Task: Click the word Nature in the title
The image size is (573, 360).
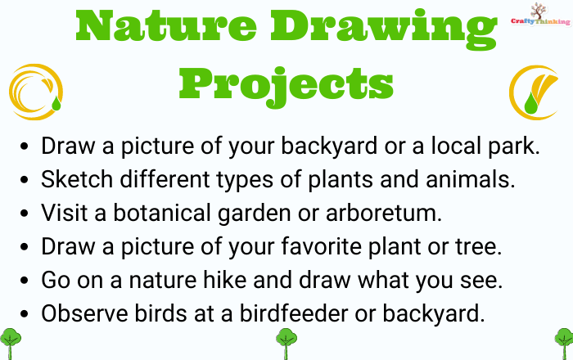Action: [166, 26]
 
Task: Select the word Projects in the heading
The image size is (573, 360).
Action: [286, 87]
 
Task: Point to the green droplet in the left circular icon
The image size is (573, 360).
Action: [56, 103]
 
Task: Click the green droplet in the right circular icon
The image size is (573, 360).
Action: [531, 103]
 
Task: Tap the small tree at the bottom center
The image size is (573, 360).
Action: [286, 343]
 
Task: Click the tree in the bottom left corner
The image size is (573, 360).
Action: [10, 343]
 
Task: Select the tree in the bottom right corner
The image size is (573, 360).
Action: [564, 343]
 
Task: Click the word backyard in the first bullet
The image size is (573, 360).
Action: [329, 146]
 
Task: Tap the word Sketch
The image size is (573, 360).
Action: [77, 179]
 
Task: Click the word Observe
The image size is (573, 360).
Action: [84, 313]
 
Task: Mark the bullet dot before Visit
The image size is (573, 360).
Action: [24, 214]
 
